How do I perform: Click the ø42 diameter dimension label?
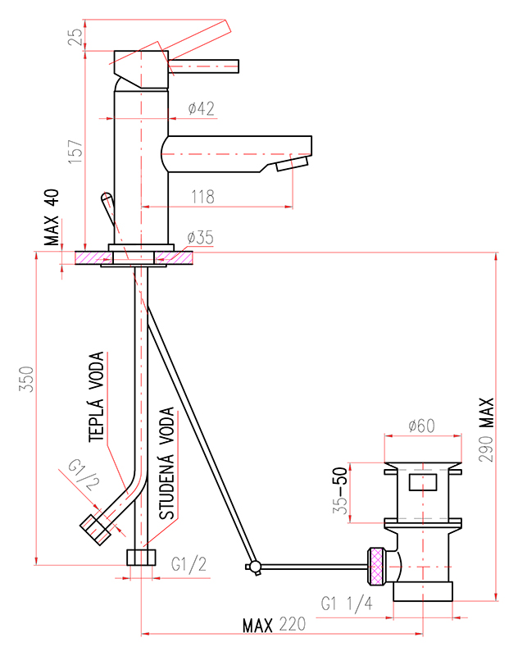(x=201, y=108)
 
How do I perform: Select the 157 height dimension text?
(x=75, y=152)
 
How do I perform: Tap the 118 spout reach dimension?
(x=202, y=197)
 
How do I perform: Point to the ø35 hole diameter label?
(x=200, y=237)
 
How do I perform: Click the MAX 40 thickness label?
(x=52, y=217)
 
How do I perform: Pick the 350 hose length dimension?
(x=26, y=379)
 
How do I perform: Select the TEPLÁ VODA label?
(x=96, y=397)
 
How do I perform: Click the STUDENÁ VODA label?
(x=167, y=463)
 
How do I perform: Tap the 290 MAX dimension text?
(x=486, y=430)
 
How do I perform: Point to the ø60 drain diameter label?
(x=422, y=426)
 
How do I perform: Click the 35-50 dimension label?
(x=340, y=490)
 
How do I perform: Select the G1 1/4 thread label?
(x=347, y=604)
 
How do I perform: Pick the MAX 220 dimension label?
(x=274, y=625)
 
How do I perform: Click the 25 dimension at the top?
(x=75, y=36)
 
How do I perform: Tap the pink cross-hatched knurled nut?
(x=376, y=566)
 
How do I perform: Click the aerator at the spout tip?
(x=293, y=163)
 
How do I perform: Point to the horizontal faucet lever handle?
(x=203, y=66)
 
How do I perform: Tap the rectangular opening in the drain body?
(x=423, y=483)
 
